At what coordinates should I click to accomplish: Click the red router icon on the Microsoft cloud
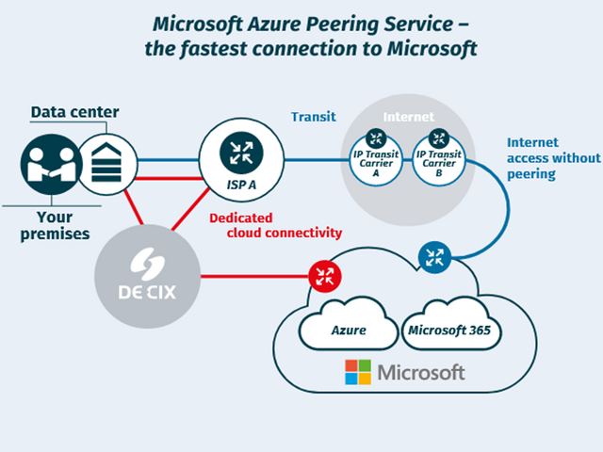pos(325,276)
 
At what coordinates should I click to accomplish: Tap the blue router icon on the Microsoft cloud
pos(434,257)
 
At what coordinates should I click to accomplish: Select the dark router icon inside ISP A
pos(241,153)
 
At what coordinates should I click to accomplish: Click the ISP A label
pos(241,185)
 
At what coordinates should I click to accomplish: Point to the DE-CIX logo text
pos(147,292)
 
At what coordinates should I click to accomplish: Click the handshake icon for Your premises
pos(51,165)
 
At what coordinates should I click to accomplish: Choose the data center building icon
pos(106,164)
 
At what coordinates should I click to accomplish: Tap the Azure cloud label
pos(349,331)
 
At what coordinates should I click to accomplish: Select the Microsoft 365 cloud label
pos(449,331)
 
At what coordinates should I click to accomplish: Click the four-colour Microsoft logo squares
pos(358,372)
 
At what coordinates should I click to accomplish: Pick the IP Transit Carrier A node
pos(376,159)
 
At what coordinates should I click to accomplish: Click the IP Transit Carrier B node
pos(439,159)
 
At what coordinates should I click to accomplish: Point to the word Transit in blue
pos(314,117)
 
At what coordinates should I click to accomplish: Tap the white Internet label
pos(408,117)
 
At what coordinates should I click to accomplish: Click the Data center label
pos(75,112)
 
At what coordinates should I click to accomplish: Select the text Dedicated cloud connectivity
pos(276,225)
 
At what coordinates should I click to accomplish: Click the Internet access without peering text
pos(554,158)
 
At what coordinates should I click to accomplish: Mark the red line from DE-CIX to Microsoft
pos(254,276)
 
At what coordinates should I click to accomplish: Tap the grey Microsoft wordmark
pos(421,373)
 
